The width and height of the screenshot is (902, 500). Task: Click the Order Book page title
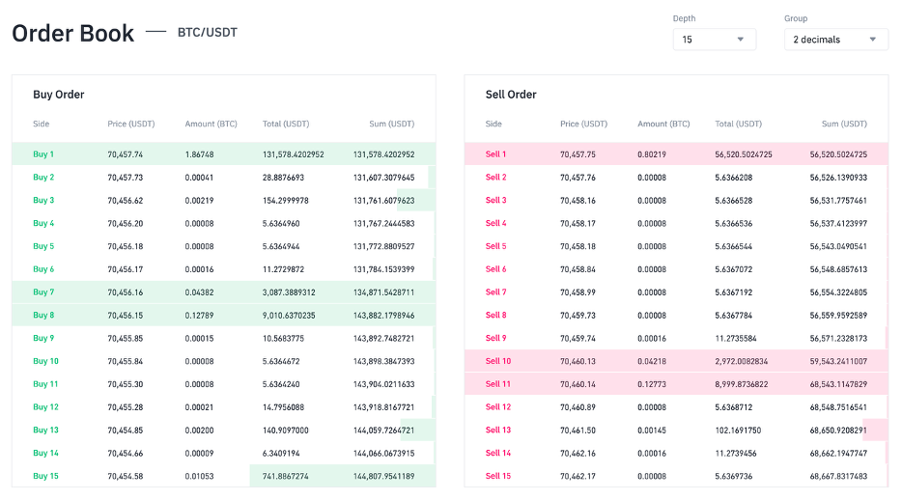73,33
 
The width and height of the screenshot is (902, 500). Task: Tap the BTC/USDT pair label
207,33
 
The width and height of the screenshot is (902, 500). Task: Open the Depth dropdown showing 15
714,40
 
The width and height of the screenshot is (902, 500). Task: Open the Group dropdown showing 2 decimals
835,40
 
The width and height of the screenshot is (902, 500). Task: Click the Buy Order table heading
59,95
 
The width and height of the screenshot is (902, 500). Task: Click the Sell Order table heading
511,95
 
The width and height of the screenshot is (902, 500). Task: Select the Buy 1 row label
43,154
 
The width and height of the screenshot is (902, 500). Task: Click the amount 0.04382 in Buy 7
199,292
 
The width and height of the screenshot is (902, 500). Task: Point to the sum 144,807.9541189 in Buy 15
383,477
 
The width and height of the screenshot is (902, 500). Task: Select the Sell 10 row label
497,362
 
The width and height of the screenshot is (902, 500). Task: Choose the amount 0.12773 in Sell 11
652,384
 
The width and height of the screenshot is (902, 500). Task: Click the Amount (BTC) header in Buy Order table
211,125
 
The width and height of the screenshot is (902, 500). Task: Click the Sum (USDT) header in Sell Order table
844,125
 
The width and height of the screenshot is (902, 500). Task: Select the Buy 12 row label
45,407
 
